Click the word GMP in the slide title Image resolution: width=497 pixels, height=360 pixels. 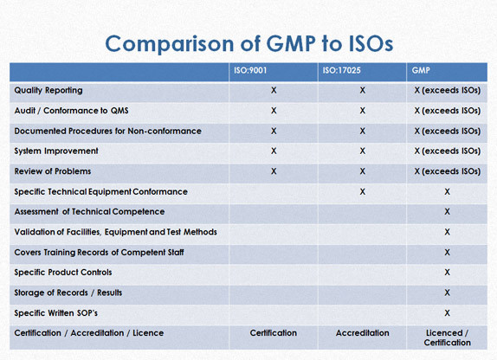[x=291, y=43]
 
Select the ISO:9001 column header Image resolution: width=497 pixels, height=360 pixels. [x=250, y=70]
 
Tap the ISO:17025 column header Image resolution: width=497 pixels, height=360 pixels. [x=342, y=70]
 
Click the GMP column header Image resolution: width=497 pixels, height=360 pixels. [x=421, y=70]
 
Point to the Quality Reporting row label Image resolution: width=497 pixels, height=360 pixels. [x=48, y=91]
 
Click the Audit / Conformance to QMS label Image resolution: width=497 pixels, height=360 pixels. [x=71, y=111]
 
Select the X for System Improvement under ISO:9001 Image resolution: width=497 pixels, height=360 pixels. [x=274, y=151]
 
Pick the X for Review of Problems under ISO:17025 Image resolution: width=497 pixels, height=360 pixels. [x=362, y=171]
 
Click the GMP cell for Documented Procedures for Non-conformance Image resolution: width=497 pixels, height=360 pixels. [x=448, y=131]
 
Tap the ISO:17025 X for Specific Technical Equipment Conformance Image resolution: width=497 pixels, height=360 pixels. [x=362, y=192]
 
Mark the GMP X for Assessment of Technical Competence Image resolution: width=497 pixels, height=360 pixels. [x=447, y=211]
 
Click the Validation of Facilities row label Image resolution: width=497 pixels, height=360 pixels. [x=116, y=232]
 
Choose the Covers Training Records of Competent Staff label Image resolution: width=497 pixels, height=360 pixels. [x=99, y=252]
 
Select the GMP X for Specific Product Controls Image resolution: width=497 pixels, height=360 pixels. [x=447, y=273]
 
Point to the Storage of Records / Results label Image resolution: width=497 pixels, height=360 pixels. [x=68, y=292]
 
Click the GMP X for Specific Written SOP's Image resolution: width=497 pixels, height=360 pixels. [x=447, y=313]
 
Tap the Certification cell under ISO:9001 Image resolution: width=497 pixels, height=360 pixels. [x=274, y=333]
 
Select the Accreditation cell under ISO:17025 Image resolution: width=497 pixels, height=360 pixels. [x=362, y=333]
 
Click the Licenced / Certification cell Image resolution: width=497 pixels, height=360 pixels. [x=448, y=337]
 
